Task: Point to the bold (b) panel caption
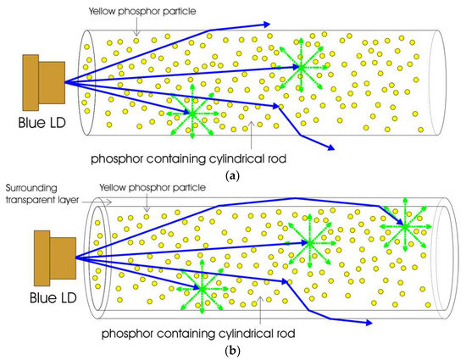[232, 350]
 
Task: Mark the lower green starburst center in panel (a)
[191, 113]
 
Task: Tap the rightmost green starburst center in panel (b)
[403, 227]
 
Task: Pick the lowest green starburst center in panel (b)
[202, 289]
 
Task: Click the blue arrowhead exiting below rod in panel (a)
[330, 149]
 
